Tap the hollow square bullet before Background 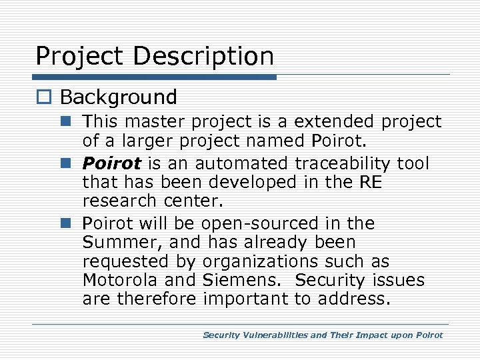click(45, 98)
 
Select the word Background click(119, 97)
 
